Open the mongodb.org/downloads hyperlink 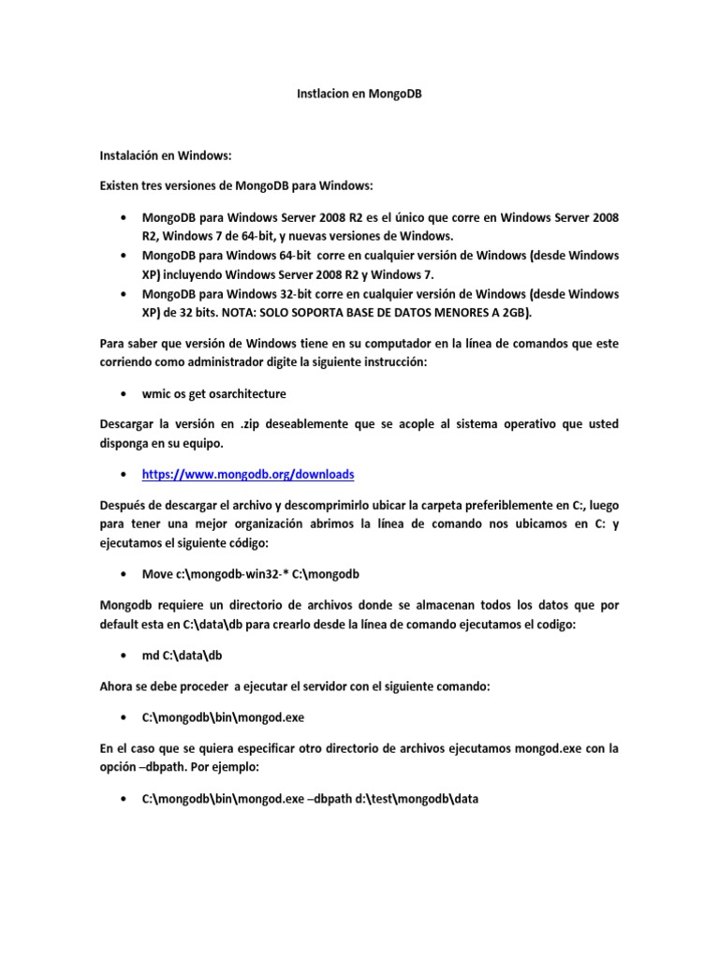coord(248,474)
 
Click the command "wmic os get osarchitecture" coord(213,392)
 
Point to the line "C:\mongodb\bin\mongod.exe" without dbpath coord(223,717)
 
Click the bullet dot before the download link coord(125,475)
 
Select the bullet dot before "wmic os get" coord(125,393)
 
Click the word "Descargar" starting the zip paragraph coord(130,424)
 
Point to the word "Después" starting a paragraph coord(126,506)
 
